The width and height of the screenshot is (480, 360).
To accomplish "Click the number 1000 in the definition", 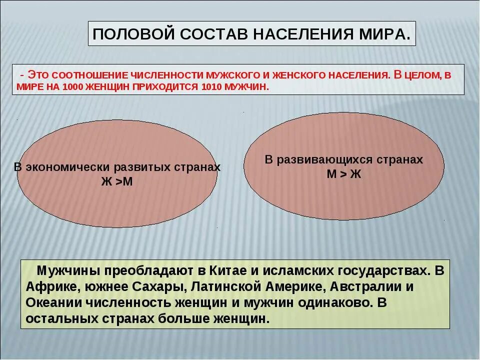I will (x=74, y=86).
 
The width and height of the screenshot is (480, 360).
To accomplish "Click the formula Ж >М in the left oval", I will (x=117, y=181).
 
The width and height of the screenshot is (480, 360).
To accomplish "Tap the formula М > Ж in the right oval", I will (x=343, y=173).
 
